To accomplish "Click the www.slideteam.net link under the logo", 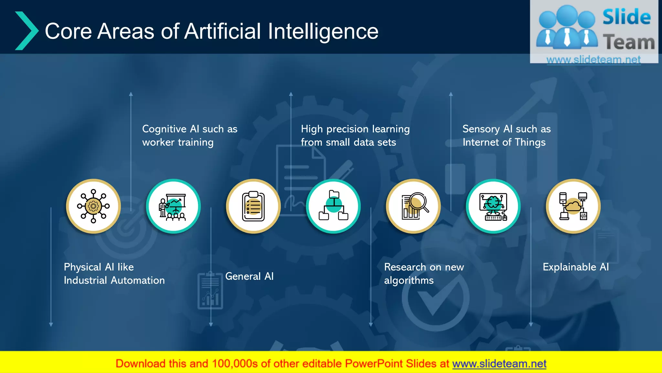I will (x=593, y=60).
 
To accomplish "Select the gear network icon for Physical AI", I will (x=93, y=206).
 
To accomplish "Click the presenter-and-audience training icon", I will (x=173, y=206).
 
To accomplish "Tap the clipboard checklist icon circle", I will (x=253, y=206).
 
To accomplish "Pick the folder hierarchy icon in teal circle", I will (x=333, y=206).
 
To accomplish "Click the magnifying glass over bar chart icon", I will (x=413, y=206).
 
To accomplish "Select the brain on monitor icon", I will (x=493, y=206).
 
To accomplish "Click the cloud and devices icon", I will (x=573, y=206).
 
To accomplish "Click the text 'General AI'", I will (x=249, y=276).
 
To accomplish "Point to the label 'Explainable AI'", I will (x=576, y=267).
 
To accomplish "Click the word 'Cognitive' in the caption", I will (x=164, y=129).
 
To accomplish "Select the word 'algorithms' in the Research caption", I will (x=409, y=280).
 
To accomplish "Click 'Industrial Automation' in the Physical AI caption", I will (x=114, y=280).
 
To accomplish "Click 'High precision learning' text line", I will (x=355, y=129).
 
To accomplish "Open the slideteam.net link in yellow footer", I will (x=499, y=364).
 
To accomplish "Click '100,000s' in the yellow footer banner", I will (x=235, y=364).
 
